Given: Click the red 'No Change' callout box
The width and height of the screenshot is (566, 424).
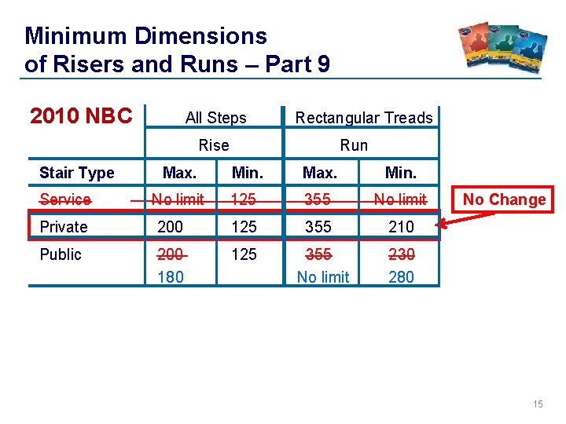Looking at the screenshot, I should [x=504, y=199].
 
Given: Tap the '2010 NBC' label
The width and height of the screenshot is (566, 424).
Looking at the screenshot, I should [x=81, y=116].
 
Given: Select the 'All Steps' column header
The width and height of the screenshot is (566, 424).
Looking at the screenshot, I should [x=215, y=118].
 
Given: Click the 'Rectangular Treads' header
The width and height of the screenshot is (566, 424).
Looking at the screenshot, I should [x=363, y=118].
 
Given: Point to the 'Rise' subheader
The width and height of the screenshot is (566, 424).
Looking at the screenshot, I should [x=214, y=144].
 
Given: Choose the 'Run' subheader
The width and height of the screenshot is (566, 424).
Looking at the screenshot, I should [x=353, y=144].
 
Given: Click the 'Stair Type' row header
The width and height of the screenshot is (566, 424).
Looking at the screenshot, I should [x=77, y=173].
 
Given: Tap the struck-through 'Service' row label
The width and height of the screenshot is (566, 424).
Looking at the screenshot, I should [x=65, y=199].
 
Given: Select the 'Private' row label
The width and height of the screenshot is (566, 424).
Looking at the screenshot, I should [x=64, y=227].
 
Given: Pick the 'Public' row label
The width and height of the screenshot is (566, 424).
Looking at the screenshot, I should [x=61, y=254].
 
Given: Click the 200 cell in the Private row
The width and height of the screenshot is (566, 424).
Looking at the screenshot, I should [x=171, y=227].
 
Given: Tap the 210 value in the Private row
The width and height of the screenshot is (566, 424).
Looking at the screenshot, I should [x=401, y=227].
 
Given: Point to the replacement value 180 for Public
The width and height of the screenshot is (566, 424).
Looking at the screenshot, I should [x=171, y=276].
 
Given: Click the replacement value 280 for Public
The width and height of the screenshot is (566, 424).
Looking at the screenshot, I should [x=401, y=276].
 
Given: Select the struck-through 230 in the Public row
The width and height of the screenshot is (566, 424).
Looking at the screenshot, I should [x=401, y=254].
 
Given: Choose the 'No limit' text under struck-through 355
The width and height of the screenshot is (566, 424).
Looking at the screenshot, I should [x=323, y=276].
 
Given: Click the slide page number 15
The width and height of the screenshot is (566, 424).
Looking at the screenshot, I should [x=538, y=404].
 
